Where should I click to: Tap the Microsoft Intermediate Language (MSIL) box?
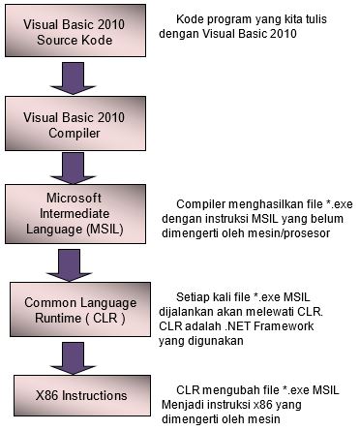coord(74,212)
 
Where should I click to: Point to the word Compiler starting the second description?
coord(201,204)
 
